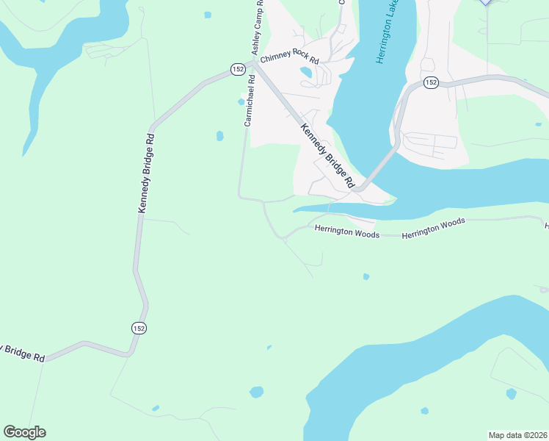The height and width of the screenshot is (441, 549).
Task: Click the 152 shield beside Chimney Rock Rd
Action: [x=237, y=68]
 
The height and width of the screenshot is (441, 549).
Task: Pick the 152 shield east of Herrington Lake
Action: [x=431, y=82]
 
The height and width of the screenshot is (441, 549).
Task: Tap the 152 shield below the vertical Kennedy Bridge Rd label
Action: [x=139, y=328]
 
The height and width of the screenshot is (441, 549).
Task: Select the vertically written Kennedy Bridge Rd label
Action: [x=145, y=173]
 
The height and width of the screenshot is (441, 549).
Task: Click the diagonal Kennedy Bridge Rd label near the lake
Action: [x=327, y=154]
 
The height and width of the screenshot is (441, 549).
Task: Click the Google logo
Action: [x=24, y=432]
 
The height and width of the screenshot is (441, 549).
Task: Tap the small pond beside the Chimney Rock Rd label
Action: [x=305, y=72]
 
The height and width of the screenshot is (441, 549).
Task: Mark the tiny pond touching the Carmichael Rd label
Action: [x=241, y=102]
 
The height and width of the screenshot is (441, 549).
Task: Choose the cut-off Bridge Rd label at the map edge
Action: [x=22, y=351]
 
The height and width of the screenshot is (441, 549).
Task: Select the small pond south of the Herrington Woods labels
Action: [x=366, y=277]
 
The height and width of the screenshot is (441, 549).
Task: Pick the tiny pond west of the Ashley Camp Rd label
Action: [x=208, y=15]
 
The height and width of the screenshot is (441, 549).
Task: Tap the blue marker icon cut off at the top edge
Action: [x=484, y=2]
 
